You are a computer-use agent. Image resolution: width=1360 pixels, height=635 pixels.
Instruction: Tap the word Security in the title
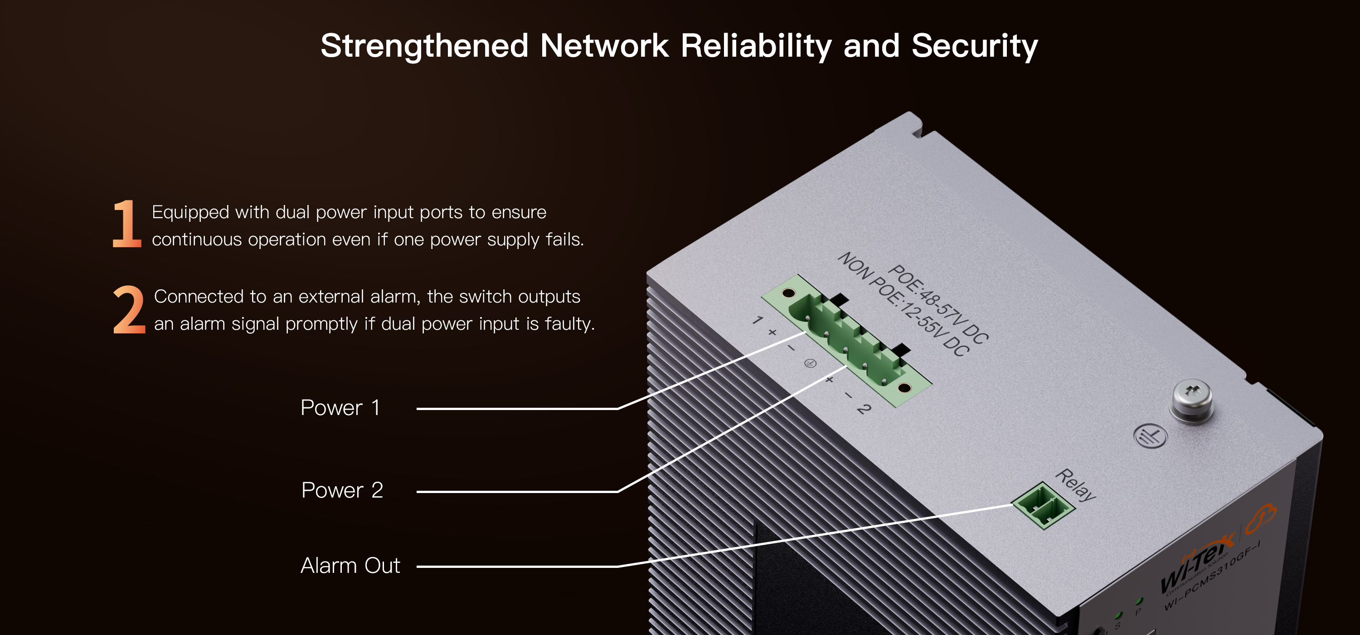(x=974, y=46)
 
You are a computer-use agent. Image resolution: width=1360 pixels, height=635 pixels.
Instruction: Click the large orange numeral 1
(x=127, y=224)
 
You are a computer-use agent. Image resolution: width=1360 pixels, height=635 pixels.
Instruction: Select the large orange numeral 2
(x=129, y=310)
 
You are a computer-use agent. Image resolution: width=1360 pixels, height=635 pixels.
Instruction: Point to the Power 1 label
(x=340, y=408)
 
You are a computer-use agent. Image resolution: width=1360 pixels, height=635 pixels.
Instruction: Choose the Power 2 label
(x=341, y=490)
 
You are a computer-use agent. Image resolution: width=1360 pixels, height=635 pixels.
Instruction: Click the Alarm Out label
(x=350, y=566)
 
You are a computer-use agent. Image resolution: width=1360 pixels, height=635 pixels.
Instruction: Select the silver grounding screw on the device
(x=1191, y=400)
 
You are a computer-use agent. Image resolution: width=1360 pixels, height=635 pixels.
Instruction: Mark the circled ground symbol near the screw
(x=1150, y=436)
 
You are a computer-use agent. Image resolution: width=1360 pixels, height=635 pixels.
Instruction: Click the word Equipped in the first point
(x=190, y=212)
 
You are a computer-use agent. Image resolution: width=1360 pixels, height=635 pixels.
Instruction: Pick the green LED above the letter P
(x=1139, y=601)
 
